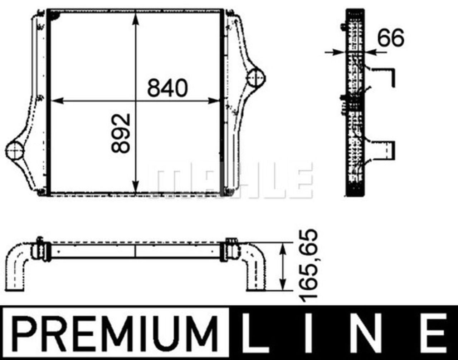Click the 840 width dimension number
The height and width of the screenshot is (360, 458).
click(167, 88)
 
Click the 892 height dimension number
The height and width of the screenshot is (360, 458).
click(121, 133)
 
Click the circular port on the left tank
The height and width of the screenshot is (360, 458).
click(14, 151)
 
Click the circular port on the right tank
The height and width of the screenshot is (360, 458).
click(256, 78)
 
